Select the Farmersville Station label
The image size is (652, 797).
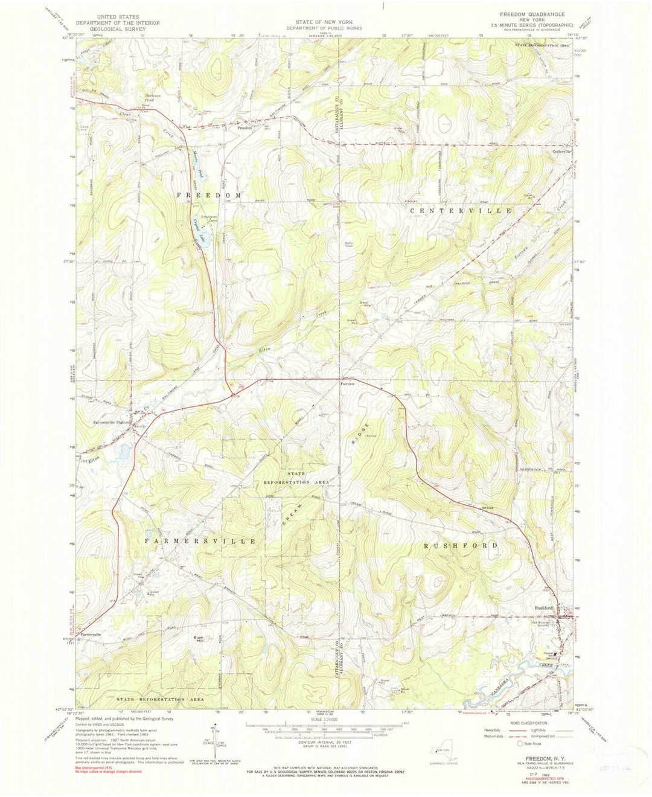[x=110, y=422]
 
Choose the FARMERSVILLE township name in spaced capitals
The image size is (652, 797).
[x=200, y=542]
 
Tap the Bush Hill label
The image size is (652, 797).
[x=199, y=639]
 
